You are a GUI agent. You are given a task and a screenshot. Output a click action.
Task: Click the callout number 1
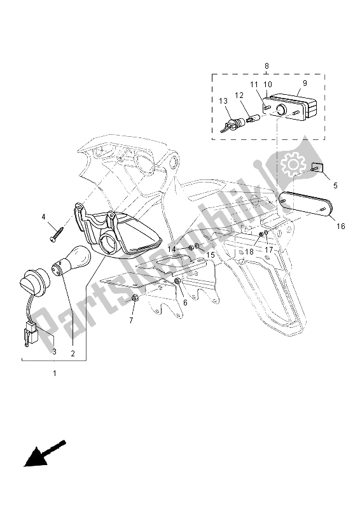54,373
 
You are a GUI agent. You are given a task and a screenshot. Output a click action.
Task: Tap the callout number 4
45,217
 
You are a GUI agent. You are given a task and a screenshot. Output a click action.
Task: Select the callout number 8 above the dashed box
267,66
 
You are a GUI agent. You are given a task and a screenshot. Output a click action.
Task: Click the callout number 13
223,101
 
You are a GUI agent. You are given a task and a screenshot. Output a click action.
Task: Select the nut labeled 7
135,298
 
